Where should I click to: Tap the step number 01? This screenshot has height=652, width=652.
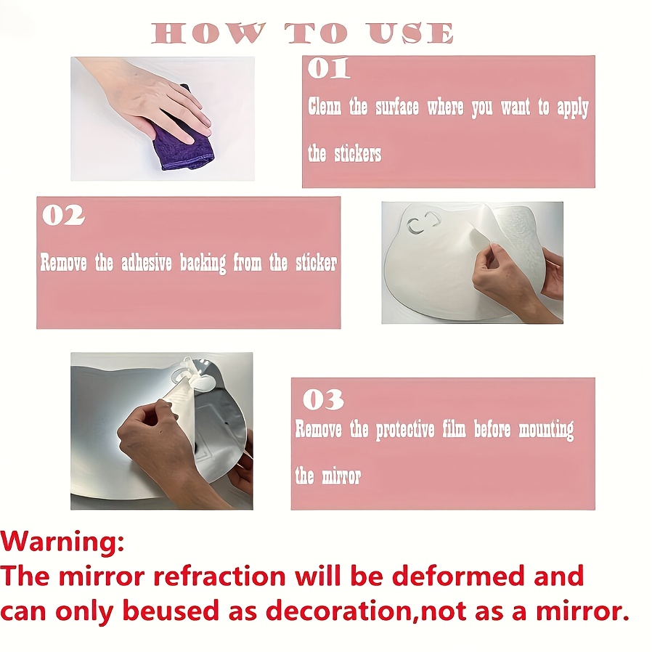point(328,69)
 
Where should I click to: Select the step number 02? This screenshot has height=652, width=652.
point(63,216)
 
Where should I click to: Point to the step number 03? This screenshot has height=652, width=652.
point(322,399)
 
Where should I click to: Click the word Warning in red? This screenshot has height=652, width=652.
point(62,542)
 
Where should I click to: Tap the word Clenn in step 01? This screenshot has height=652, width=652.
point(325,107)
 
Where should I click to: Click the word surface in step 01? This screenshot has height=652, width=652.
point(396,107)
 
